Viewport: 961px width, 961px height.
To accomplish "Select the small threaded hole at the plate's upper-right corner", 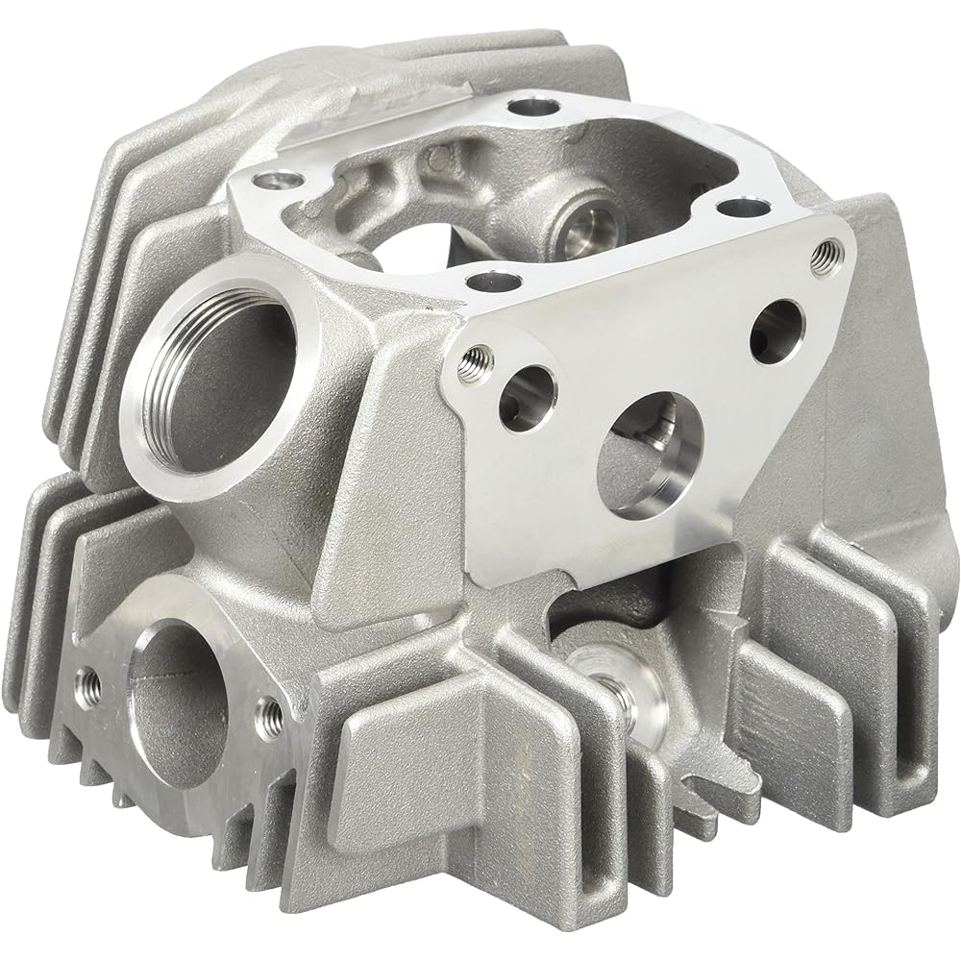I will (x=822, y=256).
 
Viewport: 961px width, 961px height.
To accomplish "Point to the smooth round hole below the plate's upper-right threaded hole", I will (x=776, y=332).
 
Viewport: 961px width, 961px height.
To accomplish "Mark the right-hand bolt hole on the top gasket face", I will (x=737, y=206).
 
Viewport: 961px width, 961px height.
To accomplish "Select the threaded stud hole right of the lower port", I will (x=269, y=712).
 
